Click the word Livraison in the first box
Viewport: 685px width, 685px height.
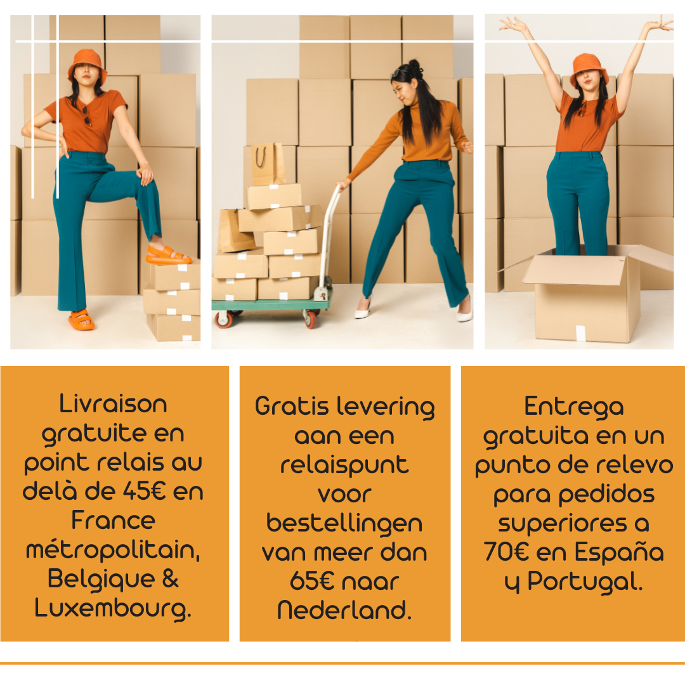tap(113, 404)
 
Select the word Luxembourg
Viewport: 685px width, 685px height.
tap(113, 609)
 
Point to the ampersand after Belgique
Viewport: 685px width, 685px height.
tap(171, 579)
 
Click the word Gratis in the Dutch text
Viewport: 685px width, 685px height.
tap(292, 406)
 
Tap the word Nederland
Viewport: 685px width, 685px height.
tap(344, 610)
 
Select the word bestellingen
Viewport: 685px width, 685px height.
tap(344, 525)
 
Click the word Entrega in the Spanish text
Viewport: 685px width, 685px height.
tap(573, 407)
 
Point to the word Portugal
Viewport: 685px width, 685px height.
tap(585, 582)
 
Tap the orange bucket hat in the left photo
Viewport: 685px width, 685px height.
tap(88, 65)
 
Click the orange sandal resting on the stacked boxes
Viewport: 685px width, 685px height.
tap(169, 256)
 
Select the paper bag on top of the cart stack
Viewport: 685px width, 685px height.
tap(268, 164)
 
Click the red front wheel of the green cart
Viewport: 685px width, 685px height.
tap(224, 320)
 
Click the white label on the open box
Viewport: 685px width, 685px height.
tap(580, 333)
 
